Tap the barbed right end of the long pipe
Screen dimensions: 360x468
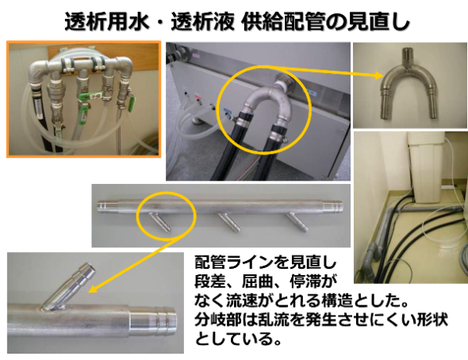(338, 208)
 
